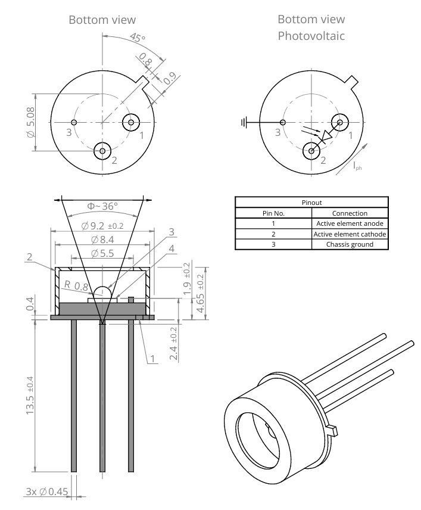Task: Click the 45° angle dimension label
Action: pyautogui.click(x=138, y=38)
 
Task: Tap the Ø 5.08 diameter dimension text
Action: pyautogui.click(x=30, y=122)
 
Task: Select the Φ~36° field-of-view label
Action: pyautogui.click(x=102, y=206)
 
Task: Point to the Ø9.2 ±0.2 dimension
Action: pyautogui.click(x=102, y=226)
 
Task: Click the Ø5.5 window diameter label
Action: pyautogui.click(x=102, y=253)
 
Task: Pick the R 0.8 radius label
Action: pyautogui.click(x=76, y=285)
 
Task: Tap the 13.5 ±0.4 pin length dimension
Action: pyautogui.click(x=30, y=395)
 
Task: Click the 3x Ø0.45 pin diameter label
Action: pyautogui.click(x=47, y=492)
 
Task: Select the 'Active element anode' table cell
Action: pyautogui.click(x=350, y=223)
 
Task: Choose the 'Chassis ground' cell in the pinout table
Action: pyautogui.click(x=350, y=244)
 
